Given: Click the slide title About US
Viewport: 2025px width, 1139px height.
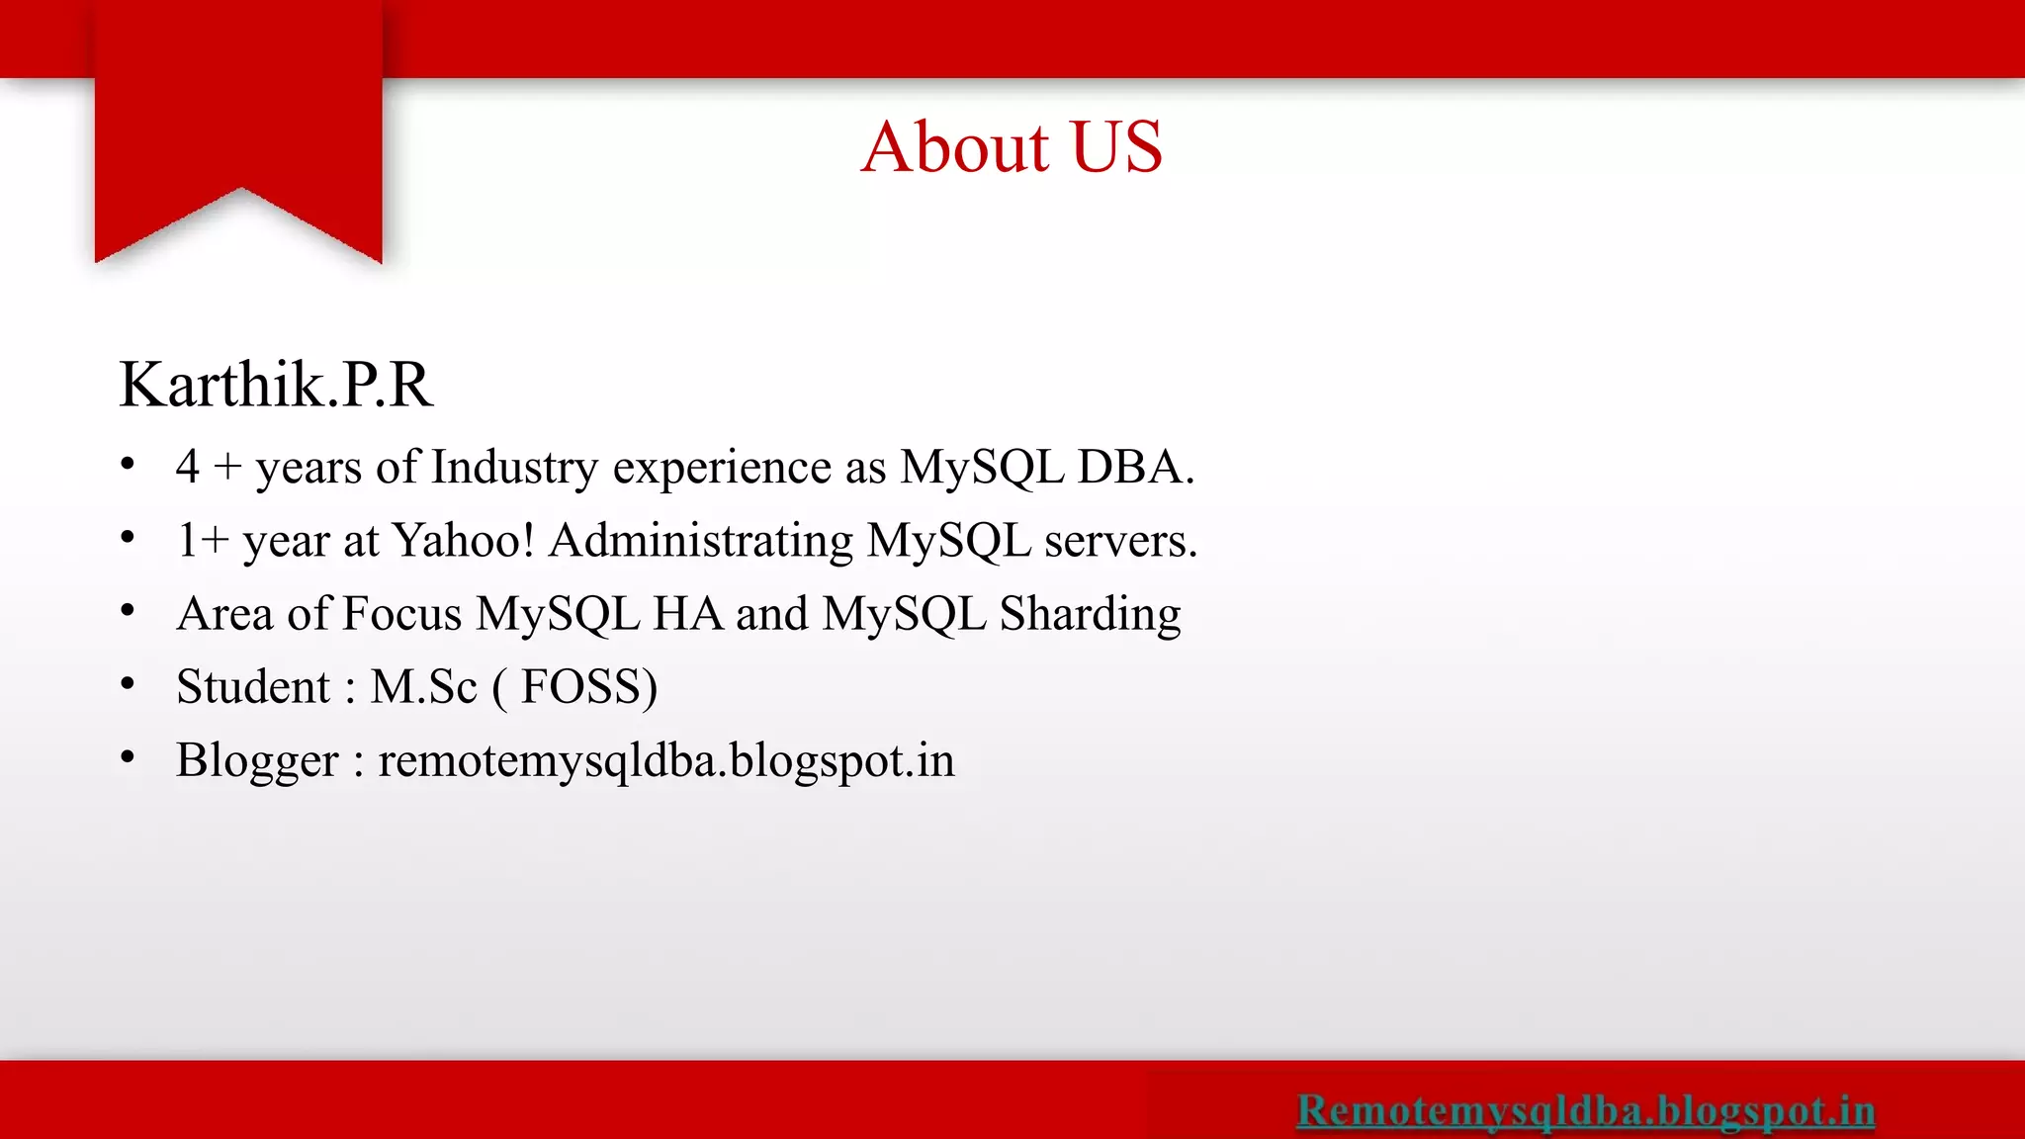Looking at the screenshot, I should [x=1012, y=147].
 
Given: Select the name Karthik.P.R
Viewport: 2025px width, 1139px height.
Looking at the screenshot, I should [x=276, y=385].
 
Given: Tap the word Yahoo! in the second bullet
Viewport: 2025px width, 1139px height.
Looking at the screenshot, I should [x=463, y=541].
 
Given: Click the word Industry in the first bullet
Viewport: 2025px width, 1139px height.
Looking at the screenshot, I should [x=514, y=468].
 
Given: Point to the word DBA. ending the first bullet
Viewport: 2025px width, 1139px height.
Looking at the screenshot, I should [x=1135, y=468].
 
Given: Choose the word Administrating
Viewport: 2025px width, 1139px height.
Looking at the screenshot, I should [x=701, y=541].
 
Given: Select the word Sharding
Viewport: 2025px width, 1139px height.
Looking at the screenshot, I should [x=1090, y=614].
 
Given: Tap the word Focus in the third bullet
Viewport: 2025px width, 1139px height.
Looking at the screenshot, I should [x=402, y=614].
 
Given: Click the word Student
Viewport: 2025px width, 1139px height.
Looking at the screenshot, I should [x=253, y=687].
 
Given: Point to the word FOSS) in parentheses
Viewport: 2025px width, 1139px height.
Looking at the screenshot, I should [x=588, y=687].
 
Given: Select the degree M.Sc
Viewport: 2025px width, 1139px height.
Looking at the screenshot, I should [x=423, y=687].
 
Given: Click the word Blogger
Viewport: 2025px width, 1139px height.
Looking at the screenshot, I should [x=257, y=761].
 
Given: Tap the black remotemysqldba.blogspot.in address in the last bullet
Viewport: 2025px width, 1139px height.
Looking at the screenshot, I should [x=666, y=760].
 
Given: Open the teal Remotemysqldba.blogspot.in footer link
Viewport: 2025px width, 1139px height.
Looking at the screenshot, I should [x=1585, y=1110].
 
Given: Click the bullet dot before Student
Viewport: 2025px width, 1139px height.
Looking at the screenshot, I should [x=128, y=684].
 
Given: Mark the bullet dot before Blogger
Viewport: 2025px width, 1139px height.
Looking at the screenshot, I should [x=128, y=757].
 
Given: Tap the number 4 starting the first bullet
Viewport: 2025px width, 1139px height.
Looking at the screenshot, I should [x=187, y=468].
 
